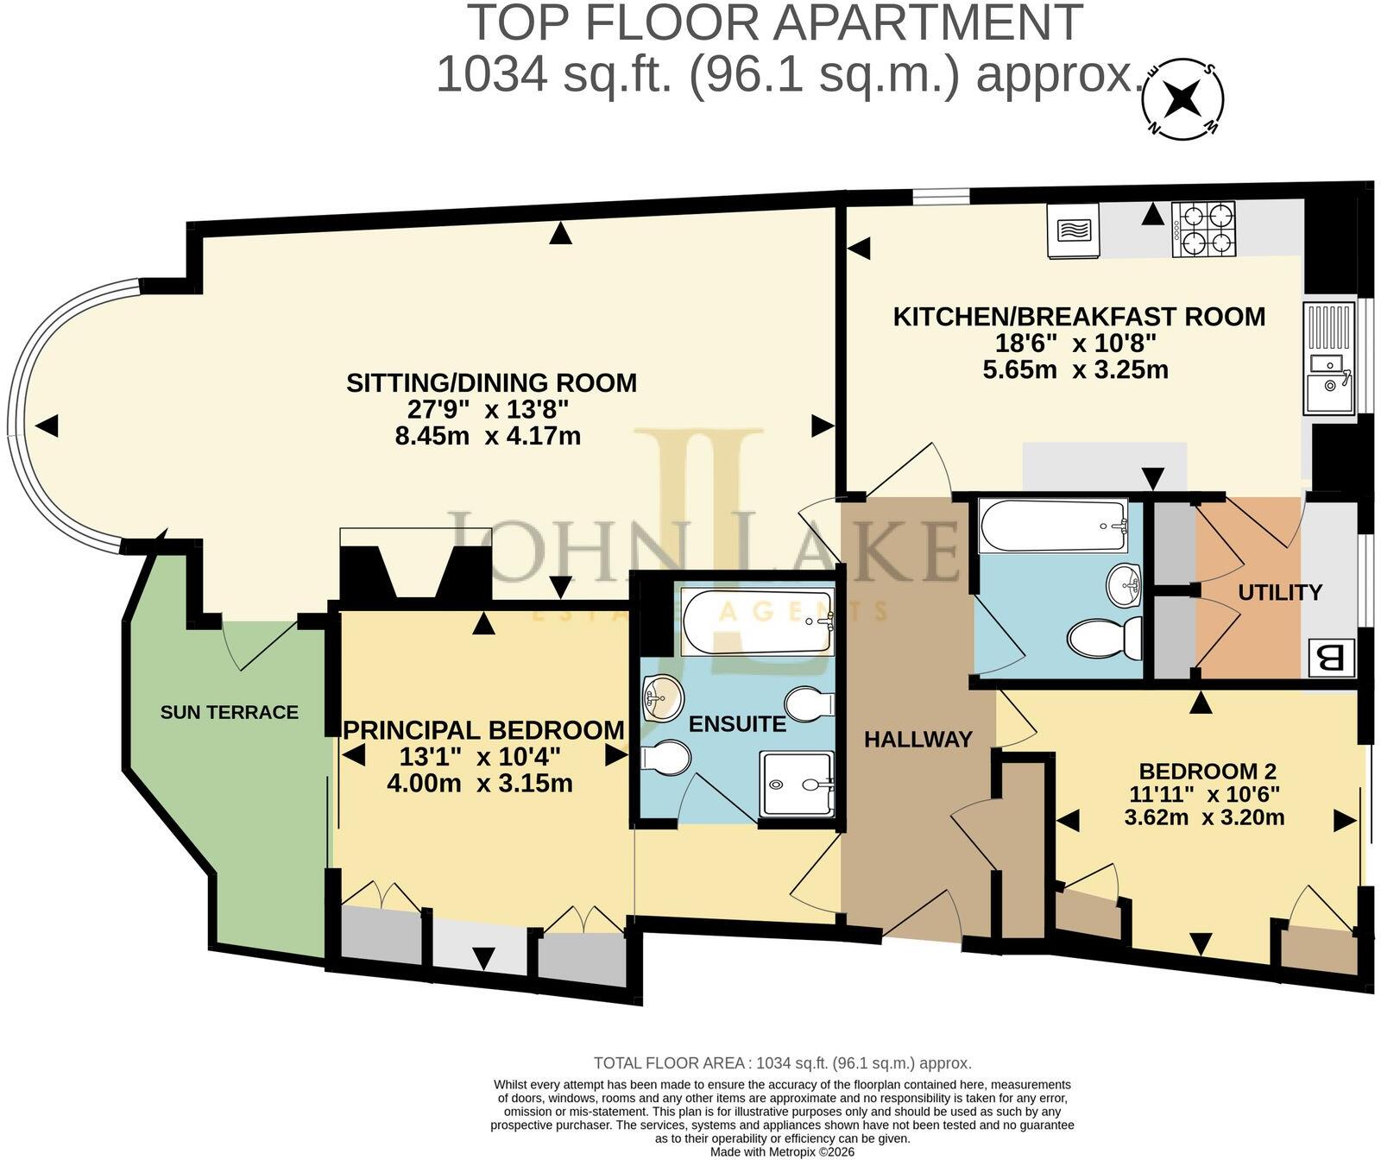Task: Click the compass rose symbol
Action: [x=1182, y=98]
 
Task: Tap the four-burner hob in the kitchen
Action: [x=1204, y=229]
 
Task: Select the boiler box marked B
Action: [x=1331, y=659]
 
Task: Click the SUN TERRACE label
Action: [x=230, y=712]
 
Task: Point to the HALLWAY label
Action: [x=918, y=740]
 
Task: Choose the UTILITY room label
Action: [x=1280, y=592]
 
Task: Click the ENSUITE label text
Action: [x=737, y=724]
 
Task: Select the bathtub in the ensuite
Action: [x=758, y=621]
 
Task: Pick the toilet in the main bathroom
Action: [x=1105, y=640]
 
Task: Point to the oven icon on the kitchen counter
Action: [x=1074, y=230]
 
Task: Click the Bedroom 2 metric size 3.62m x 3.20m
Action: [x=1204, y=816]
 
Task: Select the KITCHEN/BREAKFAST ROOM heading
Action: [x=1079, y=317]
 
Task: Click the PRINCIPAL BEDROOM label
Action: [x=483, y=730]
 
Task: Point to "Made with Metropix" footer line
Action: [x=782, y=1152]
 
